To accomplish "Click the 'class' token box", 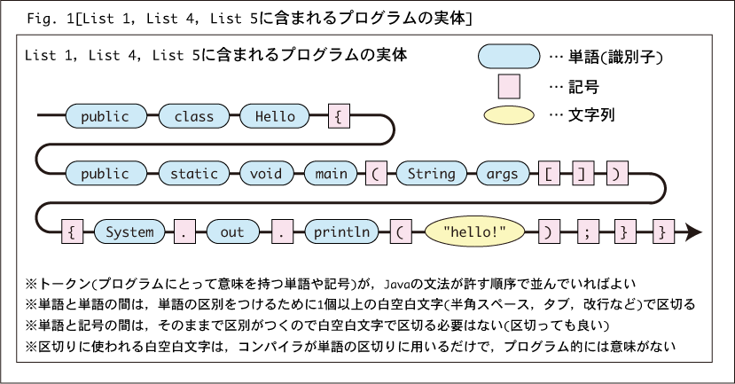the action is click(194, 116).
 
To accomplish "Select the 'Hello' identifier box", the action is click(275, 116).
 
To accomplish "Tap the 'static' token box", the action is click(194, 174).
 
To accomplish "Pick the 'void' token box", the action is click(266, 174).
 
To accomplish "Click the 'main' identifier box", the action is click(331, 174).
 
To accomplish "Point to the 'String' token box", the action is click(432, 174).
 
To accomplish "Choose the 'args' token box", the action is click(503, 174).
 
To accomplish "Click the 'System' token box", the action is click(129, 231).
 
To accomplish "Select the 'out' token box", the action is click(232, 231).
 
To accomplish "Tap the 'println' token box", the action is click(341, 231).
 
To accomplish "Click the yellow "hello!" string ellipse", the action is click(474, 231).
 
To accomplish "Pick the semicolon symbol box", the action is click(588, 231).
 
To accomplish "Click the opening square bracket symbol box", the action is click(550, 174).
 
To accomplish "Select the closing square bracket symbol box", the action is click(583, 174).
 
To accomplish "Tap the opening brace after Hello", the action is click(339, 116).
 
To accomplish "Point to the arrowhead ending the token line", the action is click(693, 231).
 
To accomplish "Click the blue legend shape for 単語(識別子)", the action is click(509, 57).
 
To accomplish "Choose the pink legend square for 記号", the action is click(509, 87).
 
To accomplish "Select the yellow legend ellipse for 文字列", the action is click(509, 115).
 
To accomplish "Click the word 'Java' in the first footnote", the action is click(397, 284).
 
